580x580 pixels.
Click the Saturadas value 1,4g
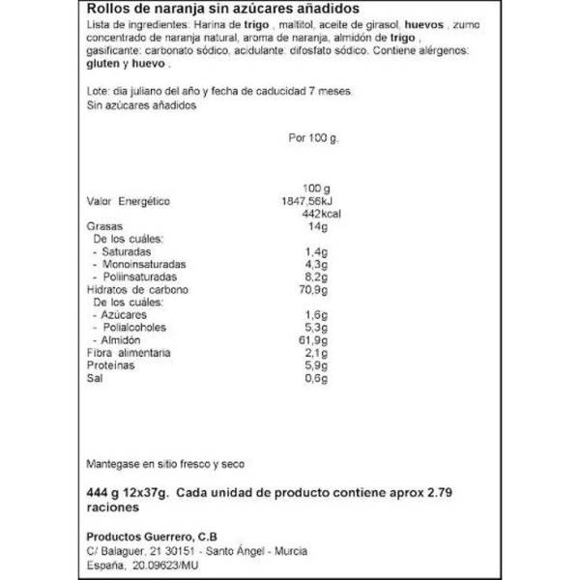(x=315, y=251)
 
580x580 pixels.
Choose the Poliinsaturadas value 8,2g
(x=315, y=276)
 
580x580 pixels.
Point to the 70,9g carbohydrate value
(x=313, y=289)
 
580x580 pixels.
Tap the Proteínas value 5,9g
(x=315, y=366)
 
